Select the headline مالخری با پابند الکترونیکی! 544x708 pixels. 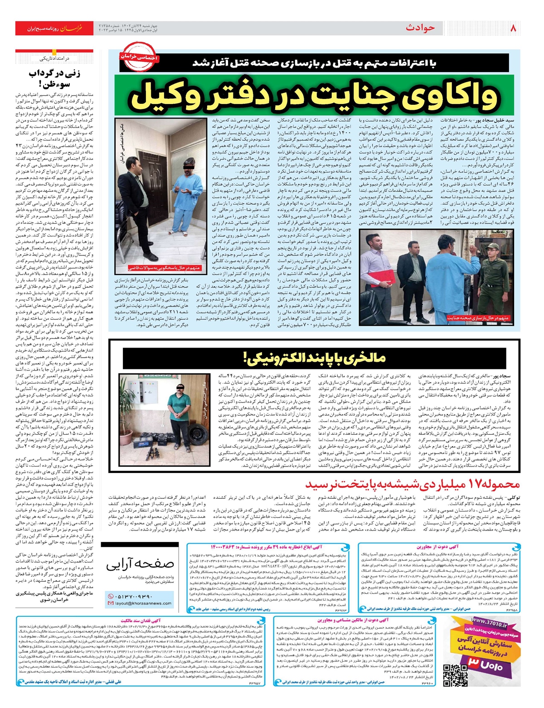315,358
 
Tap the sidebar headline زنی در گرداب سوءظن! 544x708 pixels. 54,78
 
